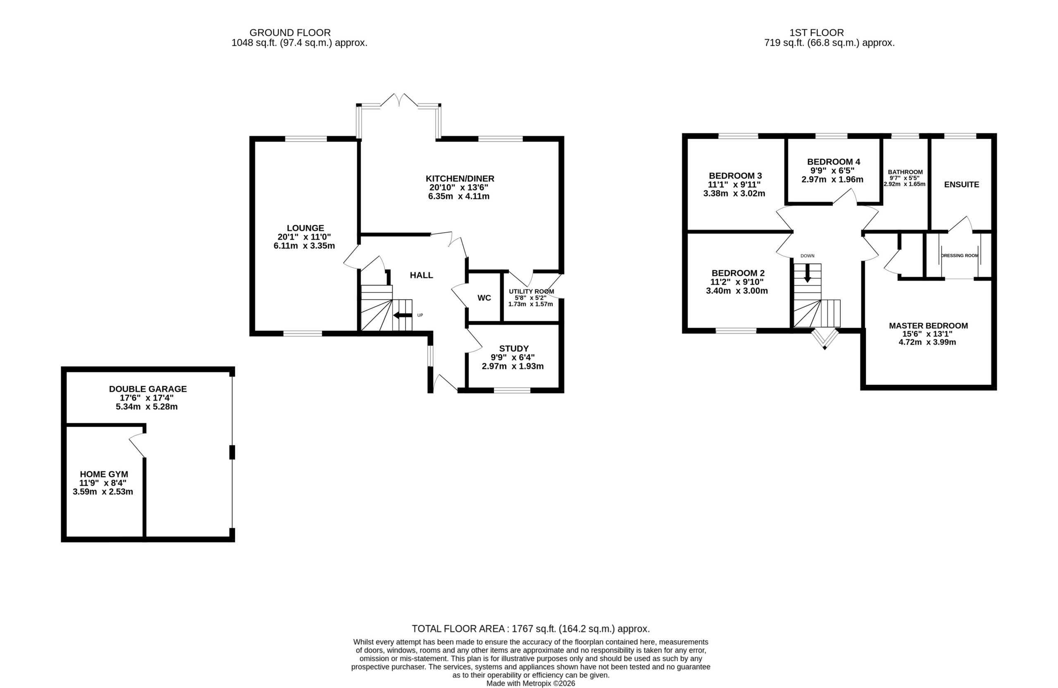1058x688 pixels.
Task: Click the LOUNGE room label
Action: [305, 228]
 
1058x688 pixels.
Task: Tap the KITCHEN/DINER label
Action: [460, 179]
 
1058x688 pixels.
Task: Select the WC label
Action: [484, 298]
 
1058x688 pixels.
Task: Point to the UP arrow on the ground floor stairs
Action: [403, 315]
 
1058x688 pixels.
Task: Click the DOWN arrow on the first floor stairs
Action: [807, 273]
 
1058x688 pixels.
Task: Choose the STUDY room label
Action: [514, 348]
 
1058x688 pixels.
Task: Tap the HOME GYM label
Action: [104, 474]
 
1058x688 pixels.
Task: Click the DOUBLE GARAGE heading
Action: [148, 389]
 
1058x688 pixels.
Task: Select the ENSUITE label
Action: [962, 184]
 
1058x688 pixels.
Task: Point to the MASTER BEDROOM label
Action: [928, 326]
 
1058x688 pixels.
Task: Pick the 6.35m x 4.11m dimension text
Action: [459, 196]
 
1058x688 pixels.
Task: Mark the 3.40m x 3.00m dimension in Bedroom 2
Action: [737, 291]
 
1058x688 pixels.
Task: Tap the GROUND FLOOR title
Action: [290, 33]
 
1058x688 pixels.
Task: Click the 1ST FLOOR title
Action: [817, 33]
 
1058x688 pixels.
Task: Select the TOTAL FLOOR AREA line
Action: [531, 628]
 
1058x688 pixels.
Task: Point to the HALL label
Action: [422, 275]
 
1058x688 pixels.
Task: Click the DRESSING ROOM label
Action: [960, 255]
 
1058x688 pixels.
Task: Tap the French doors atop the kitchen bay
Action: [399, 100]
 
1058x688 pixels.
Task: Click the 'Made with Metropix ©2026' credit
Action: [530, 683]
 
